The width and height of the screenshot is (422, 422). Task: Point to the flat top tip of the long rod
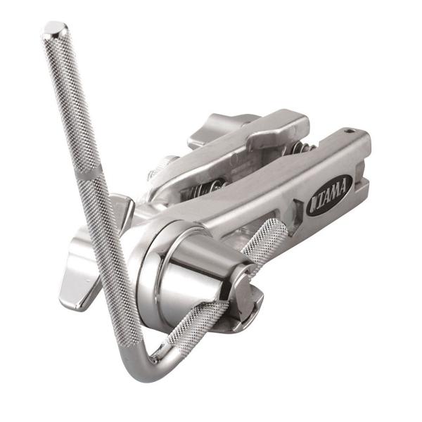(x=55, y=29)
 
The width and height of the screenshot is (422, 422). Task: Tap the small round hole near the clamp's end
(x=350, y=132)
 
